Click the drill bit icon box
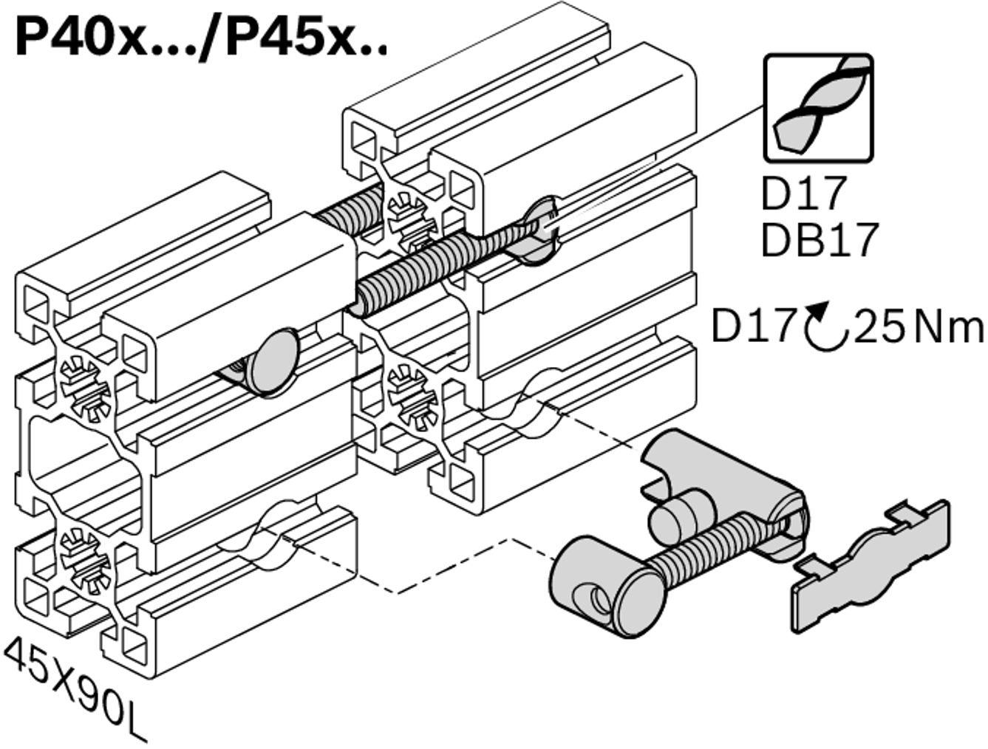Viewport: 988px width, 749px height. click(x=818, y=108)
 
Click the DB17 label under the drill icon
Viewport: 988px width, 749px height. click(x=820, y=240)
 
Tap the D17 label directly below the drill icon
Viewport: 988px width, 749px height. click(x=803, y=193)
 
